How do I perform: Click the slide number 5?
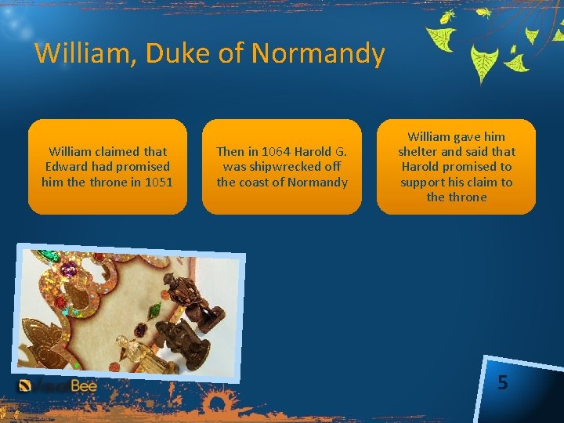click(502, 383)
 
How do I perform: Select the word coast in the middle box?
click(254, 182)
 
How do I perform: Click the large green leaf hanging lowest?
click(484, 62)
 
